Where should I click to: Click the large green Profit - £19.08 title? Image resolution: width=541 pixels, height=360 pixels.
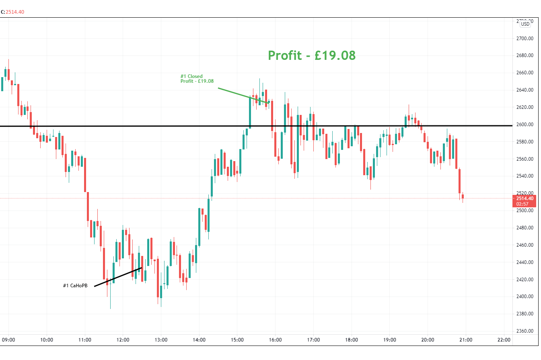[x=312, y=55]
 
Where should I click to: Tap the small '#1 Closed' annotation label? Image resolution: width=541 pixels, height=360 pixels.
[x=191, y=76]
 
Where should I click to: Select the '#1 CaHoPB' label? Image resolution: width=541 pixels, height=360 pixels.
[x=75, y=286]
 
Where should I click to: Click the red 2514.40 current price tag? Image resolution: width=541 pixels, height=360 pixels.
[x=525, y=198]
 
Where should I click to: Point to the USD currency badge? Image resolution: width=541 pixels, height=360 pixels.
[x=525, y=24]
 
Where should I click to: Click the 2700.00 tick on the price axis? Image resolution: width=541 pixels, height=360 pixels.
[x=525, y=39]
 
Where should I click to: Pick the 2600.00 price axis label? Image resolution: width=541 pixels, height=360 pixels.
[x=525, y=125]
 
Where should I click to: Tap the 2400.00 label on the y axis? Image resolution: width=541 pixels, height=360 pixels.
[x=525, y=297]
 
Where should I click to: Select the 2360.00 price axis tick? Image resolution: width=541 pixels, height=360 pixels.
[x=525, y=331]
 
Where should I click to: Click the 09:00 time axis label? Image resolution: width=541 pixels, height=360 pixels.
[x=8, y=340]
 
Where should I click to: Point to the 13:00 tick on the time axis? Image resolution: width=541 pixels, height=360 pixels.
[x=161, y=340]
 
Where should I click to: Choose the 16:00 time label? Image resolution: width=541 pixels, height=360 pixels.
[x=275, y=340]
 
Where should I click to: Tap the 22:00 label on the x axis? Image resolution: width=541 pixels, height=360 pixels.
[x=504, y=340]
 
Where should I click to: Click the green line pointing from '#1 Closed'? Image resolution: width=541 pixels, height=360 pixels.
[x=243, y=95]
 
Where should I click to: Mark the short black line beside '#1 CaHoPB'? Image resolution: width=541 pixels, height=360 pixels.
[x=118, y=277]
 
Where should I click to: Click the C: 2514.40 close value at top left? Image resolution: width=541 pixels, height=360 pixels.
[x=12, y=12]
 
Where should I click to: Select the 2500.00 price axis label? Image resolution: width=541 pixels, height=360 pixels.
[x=525, y=211]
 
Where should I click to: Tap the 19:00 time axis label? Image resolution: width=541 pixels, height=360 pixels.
[x=389, y=340]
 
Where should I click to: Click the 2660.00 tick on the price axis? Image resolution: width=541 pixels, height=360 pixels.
[x=525, y=73]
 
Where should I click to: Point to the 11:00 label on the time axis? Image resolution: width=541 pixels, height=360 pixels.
[x=85, y=340]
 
